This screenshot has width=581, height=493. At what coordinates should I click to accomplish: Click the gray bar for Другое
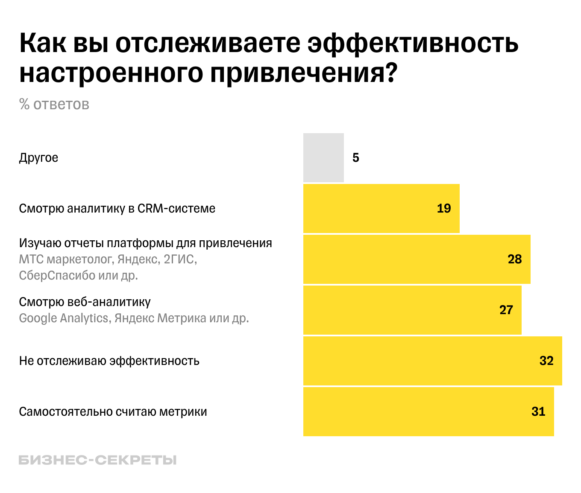(323, 158)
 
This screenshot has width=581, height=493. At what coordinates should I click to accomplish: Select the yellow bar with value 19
(381, 208)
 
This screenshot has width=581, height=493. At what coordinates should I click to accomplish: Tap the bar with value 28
(417, 259)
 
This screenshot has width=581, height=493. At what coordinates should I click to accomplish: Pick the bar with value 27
(412, 310)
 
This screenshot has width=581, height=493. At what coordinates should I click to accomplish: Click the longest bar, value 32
(432, 361)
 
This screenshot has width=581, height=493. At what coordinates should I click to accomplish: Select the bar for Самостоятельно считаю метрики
(428, 411)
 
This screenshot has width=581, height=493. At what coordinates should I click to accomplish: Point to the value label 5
(356, 158)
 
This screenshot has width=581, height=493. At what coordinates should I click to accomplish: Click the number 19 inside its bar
(444, 208)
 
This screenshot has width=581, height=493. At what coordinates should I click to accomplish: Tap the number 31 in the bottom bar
(538, 411)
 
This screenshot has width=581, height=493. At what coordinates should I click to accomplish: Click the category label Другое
(38, 158)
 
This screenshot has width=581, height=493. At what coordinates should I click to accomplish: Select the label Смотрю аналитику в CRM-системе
(117, 208)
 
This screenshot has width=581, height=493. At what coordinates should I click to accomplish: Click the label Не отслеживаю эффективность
(109, 361)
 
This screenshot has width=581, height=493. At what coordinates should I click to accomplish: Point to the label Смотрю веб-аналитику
(85, 302)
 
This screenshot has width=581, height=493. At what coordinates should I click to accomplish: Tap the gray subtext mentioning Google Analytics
(134, 318)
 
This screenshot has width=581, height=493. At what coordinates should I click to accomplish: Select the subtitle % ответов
(54, 104)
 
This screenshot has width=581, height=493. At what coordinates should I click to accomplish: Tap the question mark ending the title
(390, 73)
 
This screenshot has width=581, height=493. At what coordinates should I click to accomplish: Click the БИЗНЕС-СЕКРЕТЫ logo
(97, 460)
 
